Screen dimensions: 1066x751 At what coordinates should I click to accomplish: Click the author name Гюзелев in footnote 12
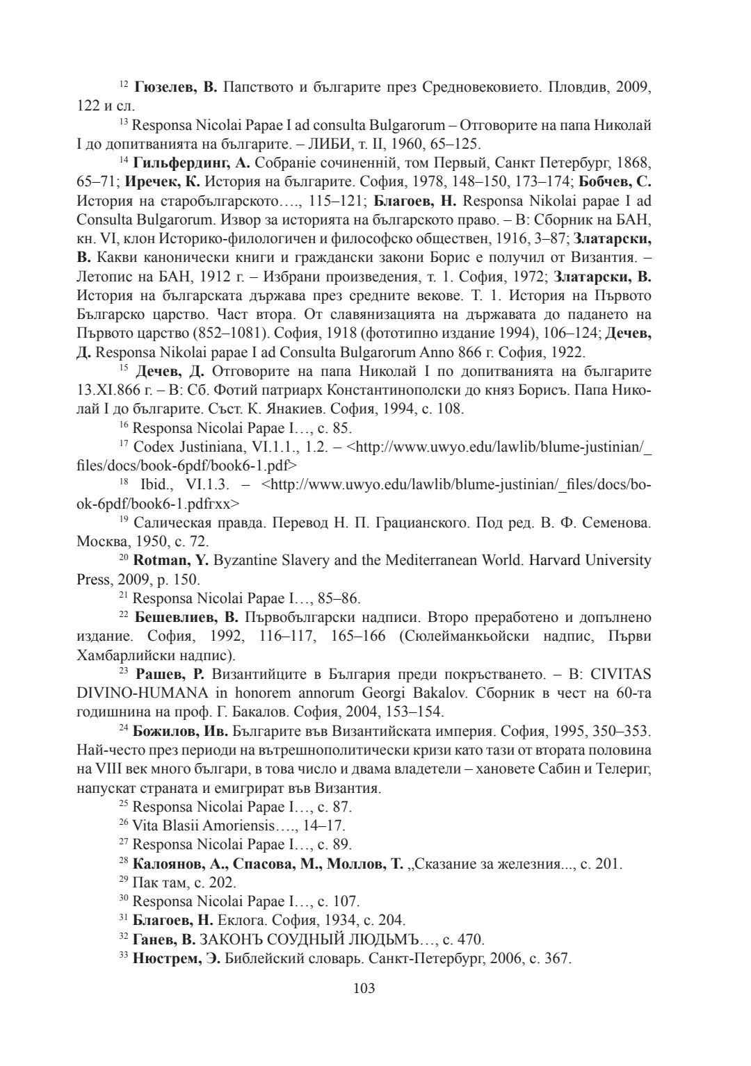[x=165, y=88]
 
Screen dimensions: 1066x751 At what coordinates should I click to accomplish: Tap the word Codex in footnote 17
[x=154, y=446]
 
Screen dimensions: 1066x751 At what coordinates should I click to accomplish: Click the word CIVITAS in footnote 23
[x=622, y=673]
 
